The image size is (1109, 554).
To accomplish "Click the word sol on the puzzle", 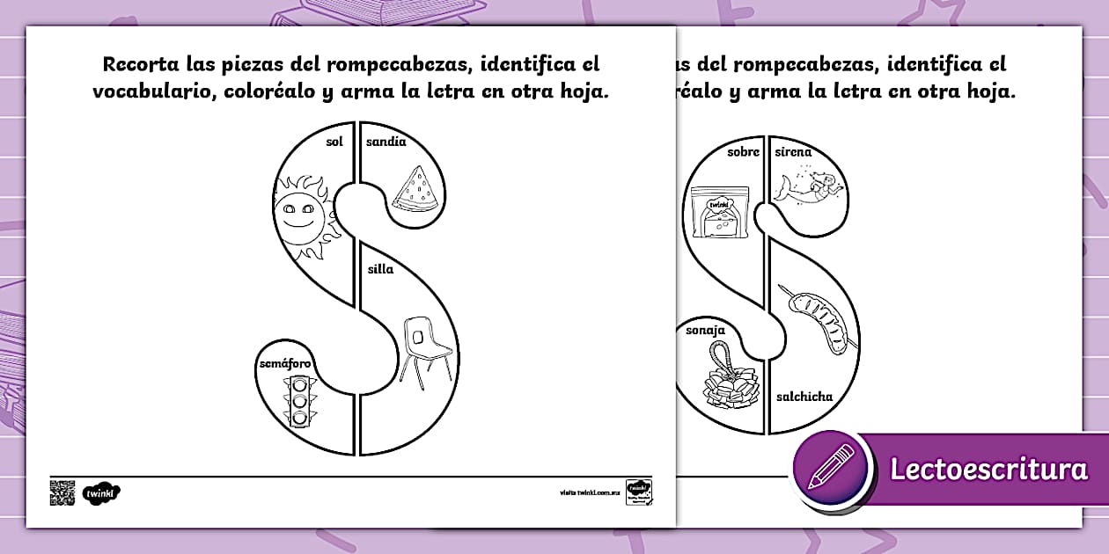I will [334, 142].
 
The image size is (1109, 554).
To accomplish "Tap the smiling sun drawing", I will [302, 215].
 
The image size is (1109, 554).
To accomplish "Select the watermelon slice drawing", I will [415, 191].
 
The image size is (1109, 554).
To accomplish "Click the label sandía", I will [386, 142].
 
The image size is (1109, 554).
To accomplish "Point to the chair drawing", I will [425, 348].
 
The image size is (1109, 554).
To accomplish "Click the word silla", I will [380, 269].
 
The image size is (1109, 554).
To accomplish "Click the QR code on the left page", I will [62, 492].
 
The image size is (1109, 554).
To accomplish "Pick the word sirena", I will [793, 152].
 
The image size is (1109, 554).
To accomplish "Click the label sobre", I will [743, 152].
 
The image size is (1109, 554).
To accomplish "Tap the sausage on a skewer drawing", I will [819, 320].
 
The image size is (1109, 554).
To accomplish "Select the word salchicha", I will [804, 397].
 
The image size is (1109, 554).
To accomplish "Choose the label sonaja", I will [705, 331].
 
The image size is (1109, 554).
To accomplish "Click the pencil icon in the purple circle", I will [830, 469].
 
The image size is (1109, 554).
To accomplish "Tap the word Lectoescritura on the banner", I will [988, 470].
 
